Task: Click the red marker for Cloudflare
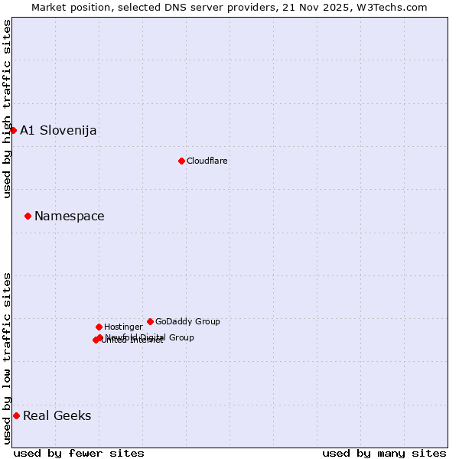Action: click(x=181, y=161)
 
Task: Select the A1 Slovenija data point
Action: click(x=13, y=130)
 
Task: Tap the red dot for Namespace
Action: click(x=28, y=216)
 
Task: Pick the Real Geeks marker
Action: click(x=16, y=415)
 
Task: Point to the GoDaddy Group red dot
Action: click(x=150, y=321)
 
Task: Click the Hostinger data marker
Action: click(x=99, y=327)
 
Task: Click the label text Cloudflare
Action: click(x=207, y=161)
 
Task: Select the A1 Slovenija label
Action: click(x=58, y=130)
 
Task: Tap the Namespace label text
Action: click(x=70, y=216)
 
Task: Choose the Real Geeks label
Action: click(x=57, y=415)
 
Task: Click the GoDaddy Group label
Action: click(x=187, y=321)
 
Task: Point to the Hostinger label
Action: click(x=124, y=327)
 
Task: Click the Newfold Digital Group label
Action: click(x=150, y=337)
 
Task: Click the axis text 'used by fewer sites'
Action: click(x=79, y=453)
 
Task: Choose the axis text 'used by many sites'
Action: click(x=384, y=453)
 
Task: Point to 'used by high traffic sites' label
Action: click(x=7, y=109)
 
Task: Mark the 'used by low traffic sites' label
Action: click(x=7, y=358)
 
